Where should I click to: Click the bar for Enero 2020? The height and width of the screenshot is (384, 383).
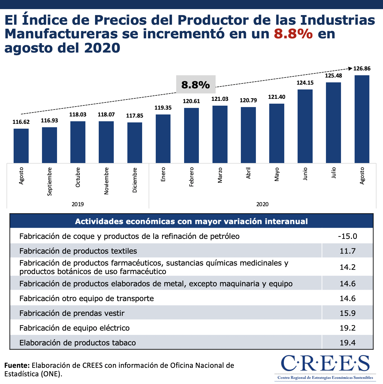(163, 139)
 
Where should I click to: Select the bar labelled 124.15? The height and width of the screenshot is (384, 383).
(305, 126)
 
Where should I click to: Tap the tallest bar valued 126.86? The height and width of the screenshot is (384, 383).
(362, 119)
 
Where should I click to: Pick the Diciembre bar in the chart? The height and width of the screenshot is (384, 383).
(135, 143)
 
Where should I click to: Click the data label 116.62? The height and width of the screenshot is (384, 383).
(21, 122)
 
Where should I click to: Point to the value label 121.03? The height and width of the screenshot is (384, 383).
(220, 99)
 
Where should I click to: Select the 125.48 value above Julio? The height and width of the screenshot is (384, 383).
(333, 76)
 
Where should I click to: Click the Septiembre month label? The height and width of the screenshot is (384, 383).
(50, 181)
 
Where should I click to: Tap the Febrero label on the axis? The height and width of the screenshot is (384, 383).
(191, 177)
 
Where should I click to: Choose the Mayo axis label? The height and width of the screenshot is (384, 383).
(277, 174)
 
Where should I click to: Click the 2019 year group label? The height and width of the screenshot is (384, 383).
(78, 204)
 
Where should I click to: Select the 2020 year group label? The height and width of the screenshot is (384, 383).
(262, 204)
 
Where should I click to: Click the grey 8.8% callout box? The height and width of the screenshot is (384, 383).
(196, 84)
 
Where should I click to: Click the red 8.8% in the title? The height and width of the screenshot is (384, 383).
(293, 34)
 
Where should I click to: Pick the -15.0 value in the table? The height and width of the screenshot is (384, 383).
(348, 236)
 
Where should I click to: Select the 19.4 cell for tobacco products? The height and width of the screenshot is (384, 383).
(348, 343)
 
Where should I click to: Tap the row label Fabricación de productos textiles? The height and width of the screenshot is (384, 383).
(78, 251)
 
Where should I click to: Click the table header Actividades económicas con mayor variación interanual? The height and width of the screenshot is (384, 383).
(191, 221)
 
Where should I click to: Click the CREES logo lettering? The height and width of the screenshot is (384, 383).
(325, 364)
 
